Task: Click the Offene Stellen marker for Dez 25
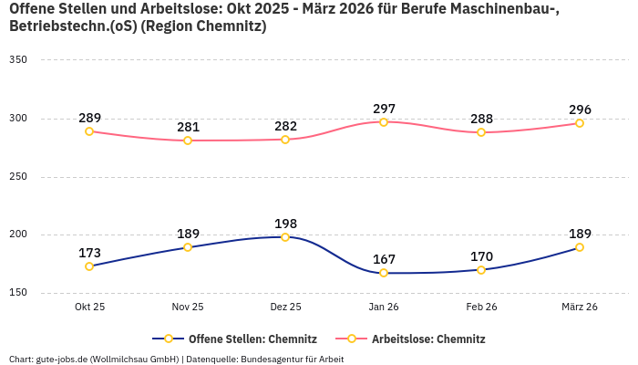(x=285, y=237)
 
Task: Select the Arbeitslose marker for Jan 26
(x=384, y=121)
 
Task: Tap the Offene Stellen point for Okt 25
(x=89, y=266)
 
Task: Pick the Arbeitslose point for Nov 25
(x=188, y=141)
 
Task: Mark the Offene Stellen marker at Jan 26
(x=384, y=273)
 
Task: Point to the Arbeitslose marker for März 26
(x=580, y=123)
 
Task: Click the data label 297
(x=384, y=109)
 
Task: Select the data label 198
(x=285, y=224)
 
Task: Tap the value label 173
(x=89, y=253)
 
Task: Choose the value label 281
(x=188, y=128)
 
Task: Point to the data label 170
(x=481, y=256)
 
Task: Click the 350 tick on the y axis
(x=18, y=60)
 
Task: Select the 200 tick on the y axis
(x=18, y=235)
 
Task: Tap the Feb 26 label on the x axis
(x=481, y=307)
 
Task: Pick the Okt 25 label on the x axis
(x=89, y=307)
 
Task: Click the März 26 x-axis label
(x=580, y=307)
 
